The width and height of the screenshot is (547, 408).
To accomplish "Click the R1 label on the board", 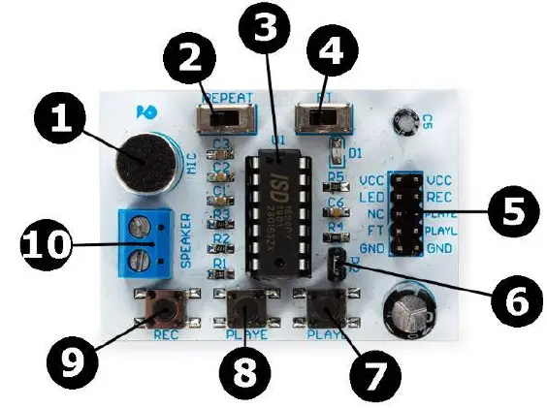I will coord(219,264).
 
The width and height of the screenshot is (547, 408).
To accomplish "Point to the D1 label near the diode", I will coord(355,153).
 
